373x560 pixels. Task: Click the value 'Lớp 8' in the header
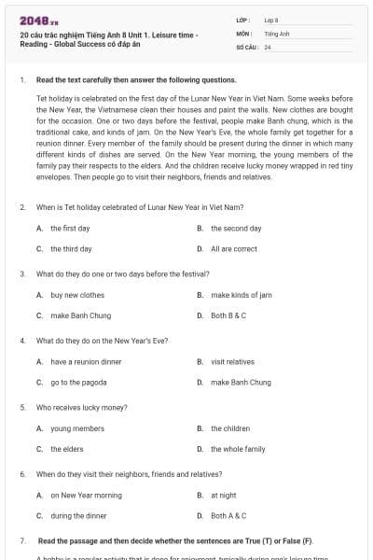click(x=271, y=20)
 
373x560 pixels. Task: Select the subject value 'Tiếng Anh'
click(x=277, y=33)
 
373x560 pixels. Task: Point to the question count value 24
click(x=268, y=47)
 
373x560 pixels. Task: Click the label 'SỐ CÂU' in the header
click(x=246, y=47)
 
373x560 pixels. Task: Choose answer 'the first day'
click(x=70, y=229)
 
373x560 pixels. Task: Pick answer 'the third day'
click(x=71, y=249)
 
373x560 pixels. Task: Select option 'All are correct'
click(x=233, y=249)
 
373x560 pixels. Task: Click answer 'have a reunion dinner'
click(x=86, y=361)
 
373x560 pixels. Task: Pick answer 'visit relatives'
click(x=232, y=361)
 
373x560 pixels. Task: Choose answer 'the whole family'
click(x=237, y=449)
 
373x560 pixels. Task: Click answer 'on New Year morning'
click(x=86, y=495)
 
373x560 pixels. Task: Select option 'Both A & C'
click(x=228, y=515)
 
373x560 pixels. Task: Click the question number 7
click(x=21, y=541)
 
